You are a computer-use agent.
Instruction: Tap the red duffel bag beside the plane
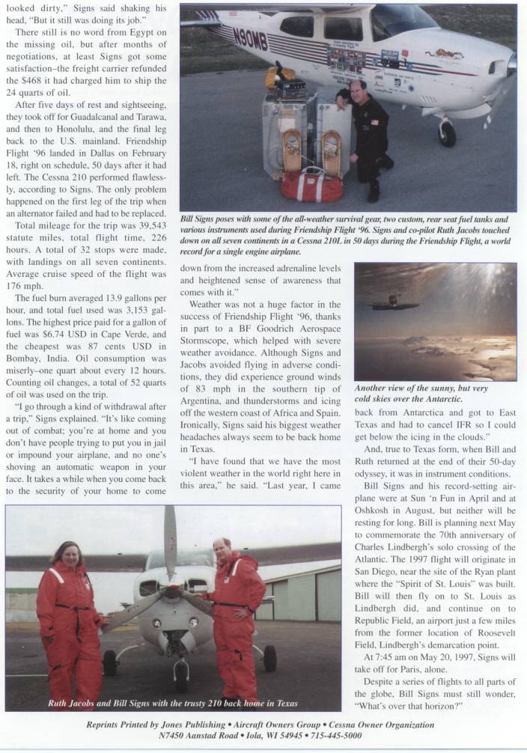311,185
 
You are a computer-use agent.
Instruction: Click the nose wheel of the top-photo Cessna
448,135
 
